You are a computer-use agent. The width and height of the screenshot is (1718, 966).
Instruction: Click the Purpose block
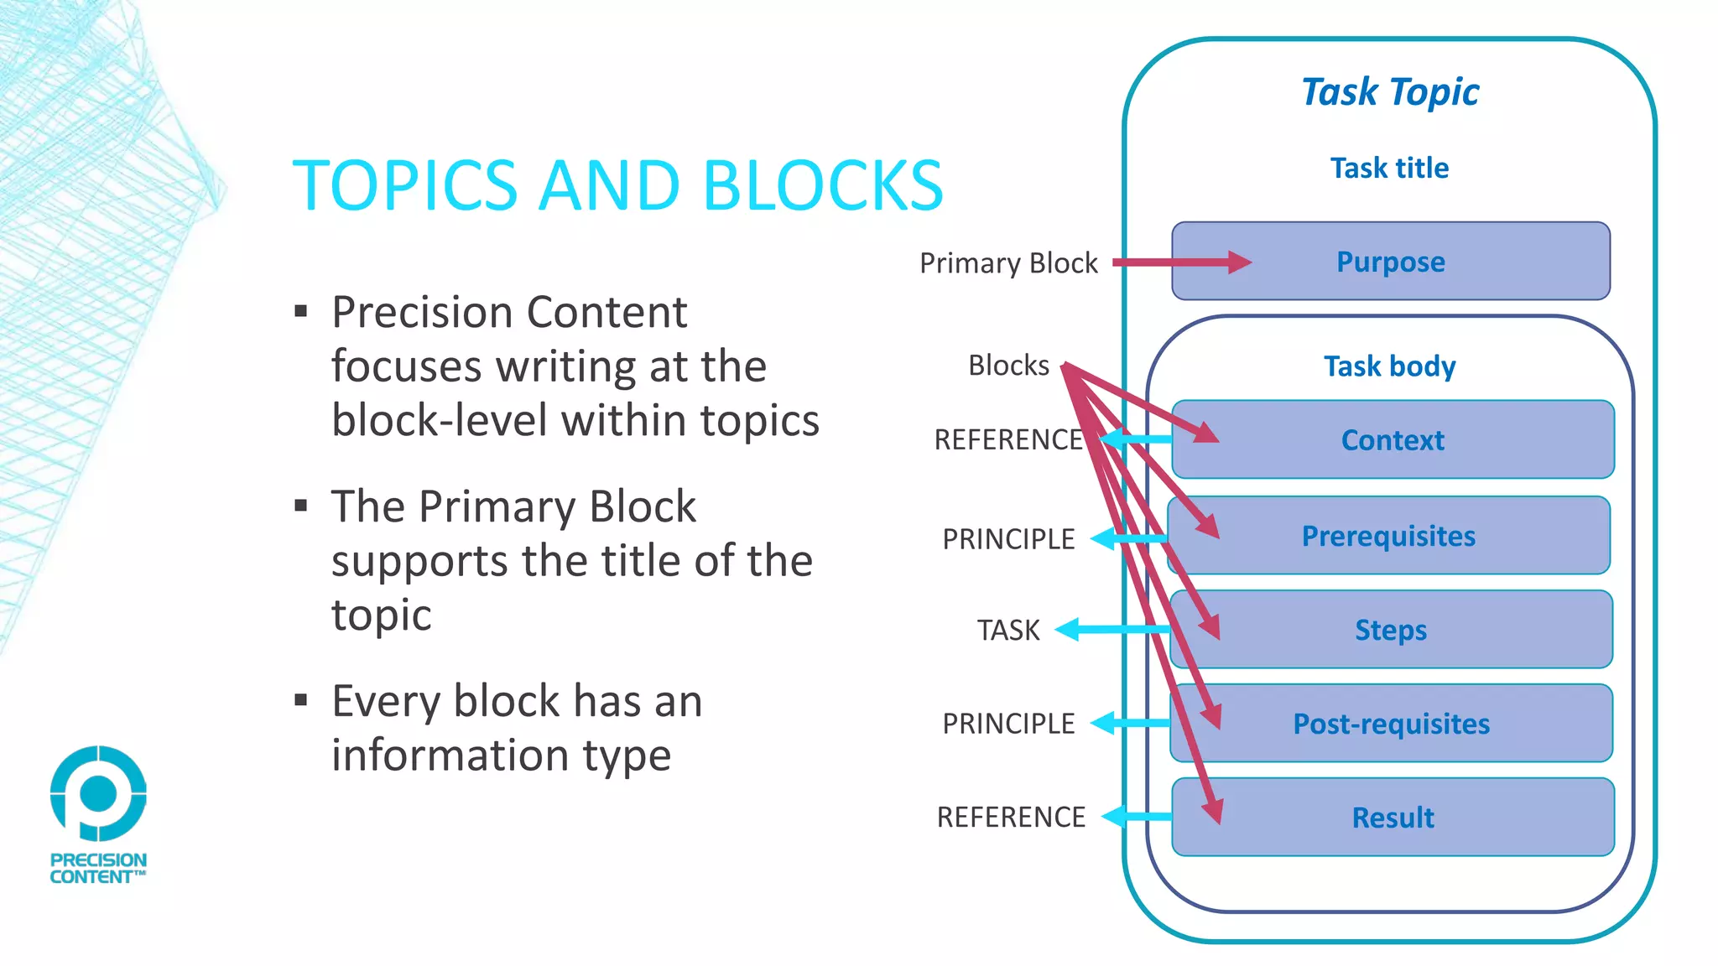1390,262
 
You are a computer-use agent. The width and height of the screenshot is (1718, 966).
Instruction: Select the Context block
1393,440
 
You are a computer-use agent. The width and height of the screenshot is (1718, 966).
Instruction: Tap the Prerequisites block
1388,536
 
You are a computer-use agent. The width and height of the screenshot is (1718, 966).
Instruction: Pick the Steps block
1391,630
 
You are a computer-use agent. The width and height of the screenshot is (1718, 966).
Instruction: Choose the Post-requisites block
1391,724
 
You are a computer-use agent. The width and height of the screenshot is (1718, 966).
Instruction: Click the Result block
1393,818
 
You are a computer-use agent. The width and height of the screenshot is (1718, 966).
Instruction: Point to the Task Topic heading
1390,91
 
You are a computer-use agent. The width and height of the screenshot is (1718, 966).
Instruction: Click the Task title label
1389,168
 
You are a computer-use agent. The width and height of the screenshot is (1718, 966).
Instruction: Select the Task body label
1389,366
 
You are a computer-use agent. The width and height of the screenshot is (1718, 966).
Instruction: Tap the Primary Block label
1008,263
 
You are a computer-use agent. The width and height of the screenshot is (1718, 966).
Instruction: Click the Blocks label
1008,366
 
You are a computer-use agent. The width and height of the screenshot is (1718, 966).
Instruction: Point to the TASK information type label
1008,630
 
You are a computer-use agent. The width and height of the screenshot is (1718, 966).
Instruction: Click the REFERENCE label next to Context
1008,439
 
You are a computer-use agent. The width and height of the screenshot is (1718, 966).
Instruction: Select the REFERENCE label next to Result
1011,817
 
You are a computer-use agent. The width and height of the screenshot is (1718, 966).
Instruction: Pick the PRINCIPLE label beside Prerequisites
1008,539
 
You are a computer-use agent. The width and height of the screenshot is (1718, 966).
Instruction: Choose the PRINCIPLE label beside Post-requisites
1008,724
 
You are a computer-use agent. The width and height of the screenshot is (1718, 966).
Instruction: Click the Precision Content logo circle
98,793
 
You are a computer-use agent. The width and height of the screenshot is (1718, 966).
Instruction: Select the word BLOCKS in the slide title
823,185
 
